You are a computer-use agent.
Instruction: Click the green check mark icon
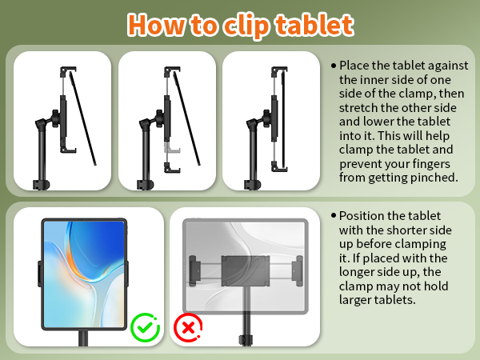[x=145, y=328]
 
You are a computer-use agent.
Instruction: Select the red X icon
[x=189, y=328]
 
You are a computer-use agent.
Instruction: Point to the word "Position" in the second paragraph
[x=364, y=216]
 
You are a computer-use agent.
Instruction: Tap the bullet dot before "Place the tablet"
[x=334, y=65]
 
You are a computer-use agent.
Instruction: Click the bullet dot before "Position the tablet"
[x=334, y=216]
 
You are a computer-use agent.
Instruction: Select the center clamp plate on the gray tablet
[x=244, y=269]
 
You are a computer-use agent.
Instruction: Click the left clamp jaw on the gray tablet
[x=194, y=269]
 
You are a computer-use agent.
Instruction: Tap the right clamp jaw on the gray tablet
[x=298, y=269]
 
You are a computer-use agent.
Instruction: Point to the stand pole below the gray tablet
[x=243, y=328]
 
